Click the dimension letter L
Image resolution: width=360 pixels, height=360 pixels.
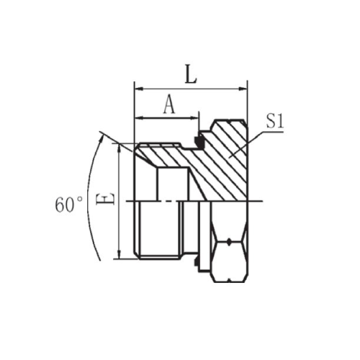(x=191, y=74)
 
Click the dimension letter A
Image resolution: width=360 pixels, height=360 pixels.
(x=169, y=104)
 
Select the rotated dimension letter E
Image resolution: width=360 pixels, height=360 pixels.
(x=105, y=199)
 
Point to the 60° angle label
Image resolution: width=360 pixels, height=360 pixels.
(x=68, y=205)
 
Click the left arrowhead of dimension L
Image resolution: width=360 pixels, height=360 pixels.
(x=139, y=89)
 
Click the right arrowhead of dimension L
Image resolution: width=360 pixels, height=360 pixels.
(x=243, y=89)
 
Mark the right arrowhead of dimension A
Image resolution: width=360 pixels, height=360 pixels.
(x=194, y=118)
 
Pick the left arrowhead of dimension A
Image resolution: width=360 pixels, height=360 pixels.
(x=139, y=118)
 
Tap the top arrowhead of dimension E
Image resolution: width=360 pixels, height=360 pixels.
(x=120, y=148)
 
